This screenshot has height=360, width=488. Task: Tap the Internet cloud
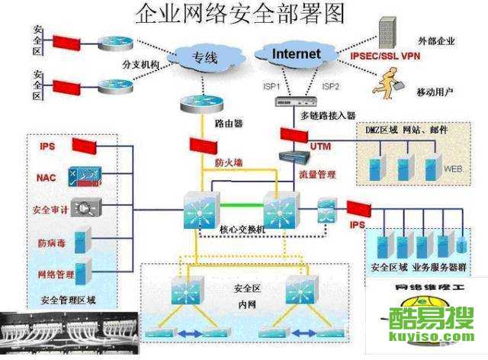(296, 54)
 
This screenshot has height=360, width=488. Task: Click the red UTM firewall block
(293, 135)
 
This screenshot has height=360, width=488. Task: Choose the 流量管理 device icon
(296, 158)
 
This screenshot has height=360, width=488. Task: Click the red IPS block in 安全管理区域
(85, 145)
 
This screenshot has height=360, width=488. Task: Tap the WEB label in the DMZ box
(453, 169)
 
